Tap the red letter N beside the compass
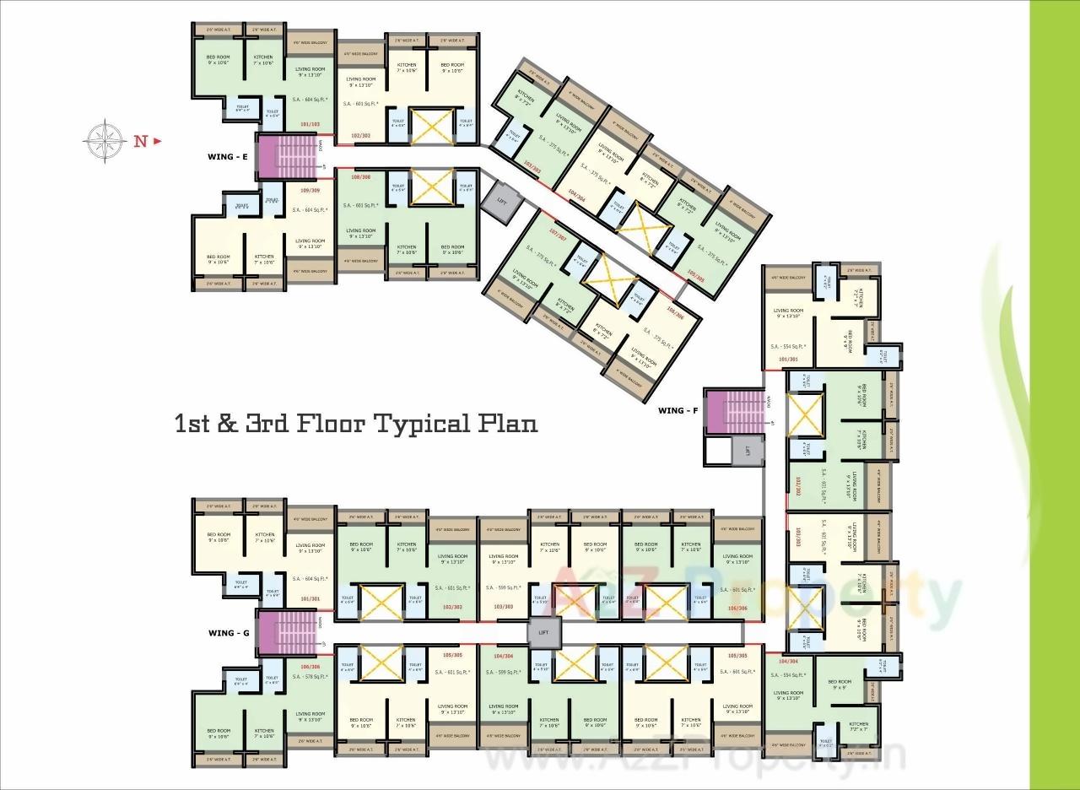pos(141,141)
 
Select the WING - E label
pos(227,156)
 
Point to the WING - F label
pos(678,411)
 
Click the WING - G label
pos(228,632)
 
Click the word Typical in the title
pos(418,423)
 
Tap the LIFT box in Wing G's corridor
pos(543,632)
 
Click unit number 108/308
pos(361,177)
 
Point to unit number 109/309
pos(310,190)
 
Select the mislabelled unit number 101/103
pos(310,124)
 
